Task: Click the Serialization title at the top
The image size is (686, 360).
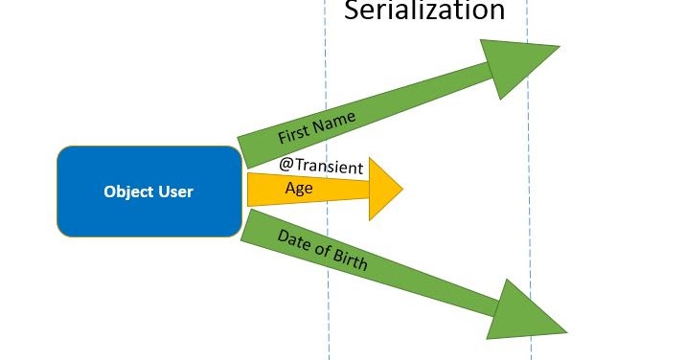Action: point(423,11)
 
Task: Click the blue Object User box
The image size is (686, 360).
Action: point(149,191)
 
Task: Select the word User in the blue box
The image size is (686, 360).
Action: point(175,191)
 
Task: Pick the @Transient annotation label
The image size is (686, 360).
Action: point(321,166)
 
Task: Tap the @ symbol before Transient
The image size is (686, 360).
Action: point(286,164)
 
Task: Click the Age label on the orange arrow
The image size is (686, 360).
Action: point(299,188)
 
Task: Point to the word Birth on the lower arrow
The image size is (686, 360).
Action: point(350,260)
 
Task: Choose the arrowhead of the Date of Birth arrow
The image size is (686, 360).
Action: point(522,313)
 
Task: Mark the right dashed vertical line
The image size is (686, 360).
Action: point(528,191)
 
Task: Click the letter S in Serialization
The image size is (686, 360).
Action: point(352,11)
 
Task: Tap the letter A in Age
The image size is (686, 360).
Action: point(290,188)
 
